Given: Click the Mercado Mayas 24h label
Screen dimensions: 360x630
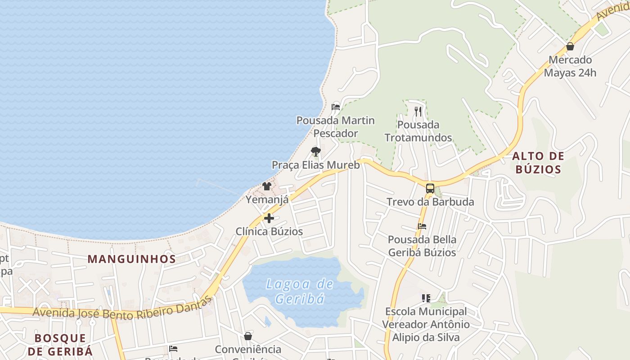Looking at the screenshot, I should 570,66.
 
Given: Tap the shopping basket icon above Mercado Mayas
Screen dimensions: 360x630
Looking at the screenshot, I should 570,46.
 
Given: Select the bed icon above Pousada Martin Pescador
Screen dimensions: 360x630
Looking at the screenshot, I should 335,107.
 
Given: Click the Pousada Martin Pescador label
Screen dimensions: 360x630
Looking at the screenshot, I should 335,127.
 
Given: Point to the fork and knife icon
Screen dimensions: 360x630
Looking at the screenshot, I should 418,111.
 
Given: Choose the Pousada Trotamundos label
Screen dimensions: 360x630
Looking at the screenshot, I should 418,131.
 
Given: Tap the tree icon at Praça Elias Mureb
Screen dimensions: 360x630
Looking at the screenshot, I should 316,152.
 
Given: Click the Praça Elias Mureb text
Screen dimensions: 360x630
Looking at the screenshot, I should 316,165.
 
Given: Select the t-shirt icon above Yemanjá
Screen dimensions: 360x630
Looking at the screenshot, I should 267,186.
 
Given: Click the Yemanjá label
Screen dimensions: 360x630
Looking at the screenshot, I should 267,199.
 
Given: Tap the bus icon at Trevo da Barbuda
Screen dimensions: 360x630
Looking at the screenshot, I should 430,189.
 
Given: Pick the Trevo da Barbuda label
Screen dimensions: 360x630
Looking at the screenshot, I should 430,202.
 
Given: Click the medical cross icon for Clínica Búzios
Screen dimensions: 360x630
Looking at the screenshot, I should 269,218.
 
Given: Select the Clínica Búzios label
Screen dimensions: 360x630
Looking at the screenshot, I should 269,231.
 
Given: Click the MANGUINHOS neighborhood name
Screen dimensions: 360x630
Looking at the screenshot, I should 132,259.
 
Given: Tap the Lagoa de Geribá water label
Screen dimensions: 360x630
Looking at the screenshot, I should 299,291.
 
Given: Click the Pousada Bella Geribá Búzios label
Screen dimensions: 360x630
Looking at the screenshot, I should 422,246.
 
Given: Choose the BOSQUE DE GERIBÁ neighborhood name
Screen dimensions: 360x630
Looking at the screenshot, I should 60,344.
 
